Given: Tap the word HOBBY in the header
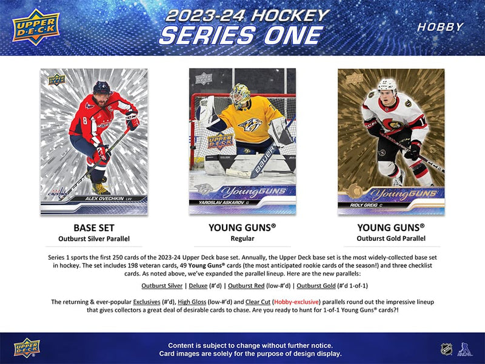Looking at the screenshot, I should [441, 27].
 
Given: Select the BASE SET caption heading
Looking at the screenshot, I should [93, 228].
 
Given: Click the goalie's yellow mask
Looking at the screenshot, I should [241, 96].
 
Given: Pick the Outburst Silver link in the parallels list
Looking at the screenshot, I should [162, 285].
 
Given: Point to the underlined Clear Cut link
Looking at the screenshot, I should [256, 302].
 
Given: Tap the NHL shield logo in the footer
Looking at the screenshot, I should [446, 349].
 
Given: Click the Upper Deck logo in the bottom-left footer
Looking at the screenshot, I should [27, 348].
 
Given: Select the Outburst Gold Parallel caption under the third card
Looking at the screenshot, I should [390, 239].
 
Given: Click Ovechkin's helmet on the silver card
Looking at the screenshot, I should [102, 87].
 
